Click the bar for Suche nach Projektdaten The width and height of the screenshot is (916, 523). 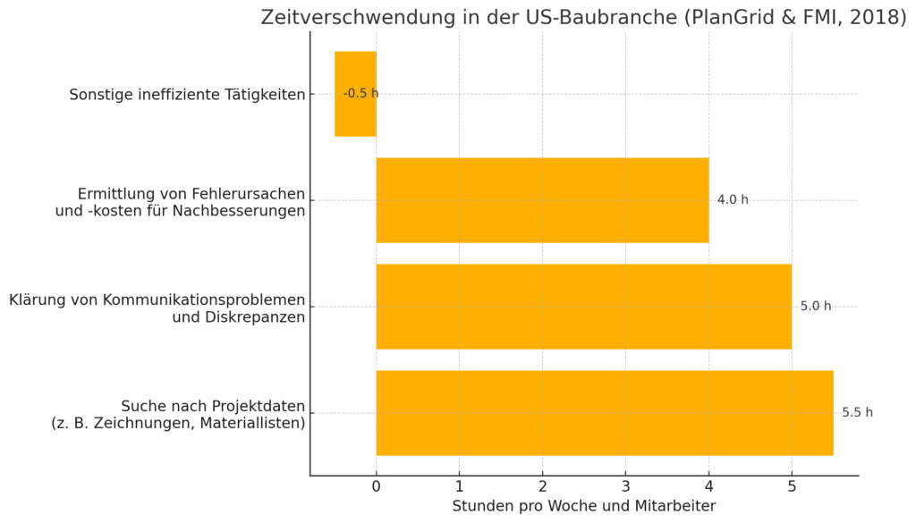point(604,413)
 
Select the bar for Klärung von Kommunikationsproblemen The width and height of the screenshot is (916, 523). point(583,307)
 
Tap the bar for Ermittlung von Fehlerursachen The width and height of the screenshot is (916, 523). point(542,200)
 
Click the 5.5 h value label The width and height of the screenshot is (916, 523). point(857,413)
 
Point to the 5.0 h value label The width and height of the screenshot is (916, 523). point(815,307)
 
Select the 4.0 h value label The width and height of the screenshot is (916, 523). point(733,200)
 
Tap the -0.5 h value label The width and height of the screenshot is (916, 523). point(360,94)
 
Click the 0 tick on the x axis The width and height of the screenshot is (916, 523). point(376,487)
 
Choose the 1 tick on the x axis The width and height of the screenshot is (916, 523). point(459,487)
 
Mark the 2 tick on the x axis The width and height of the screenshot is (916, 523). point(542,487)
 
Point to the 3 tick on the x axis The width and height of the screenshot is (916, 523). point(625,487)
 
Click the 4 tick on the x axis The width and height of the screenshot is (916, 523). point(708,487)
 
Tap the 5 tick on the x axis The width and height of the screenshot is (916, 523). point(792,487)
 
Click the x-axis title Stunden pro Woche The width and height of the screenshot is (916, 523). point(583,506)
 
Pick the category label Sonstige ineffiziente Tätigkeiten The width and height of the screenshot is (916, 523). point(187,95)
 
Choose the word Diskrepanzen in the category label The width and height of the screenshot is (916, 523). point(238,316)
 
